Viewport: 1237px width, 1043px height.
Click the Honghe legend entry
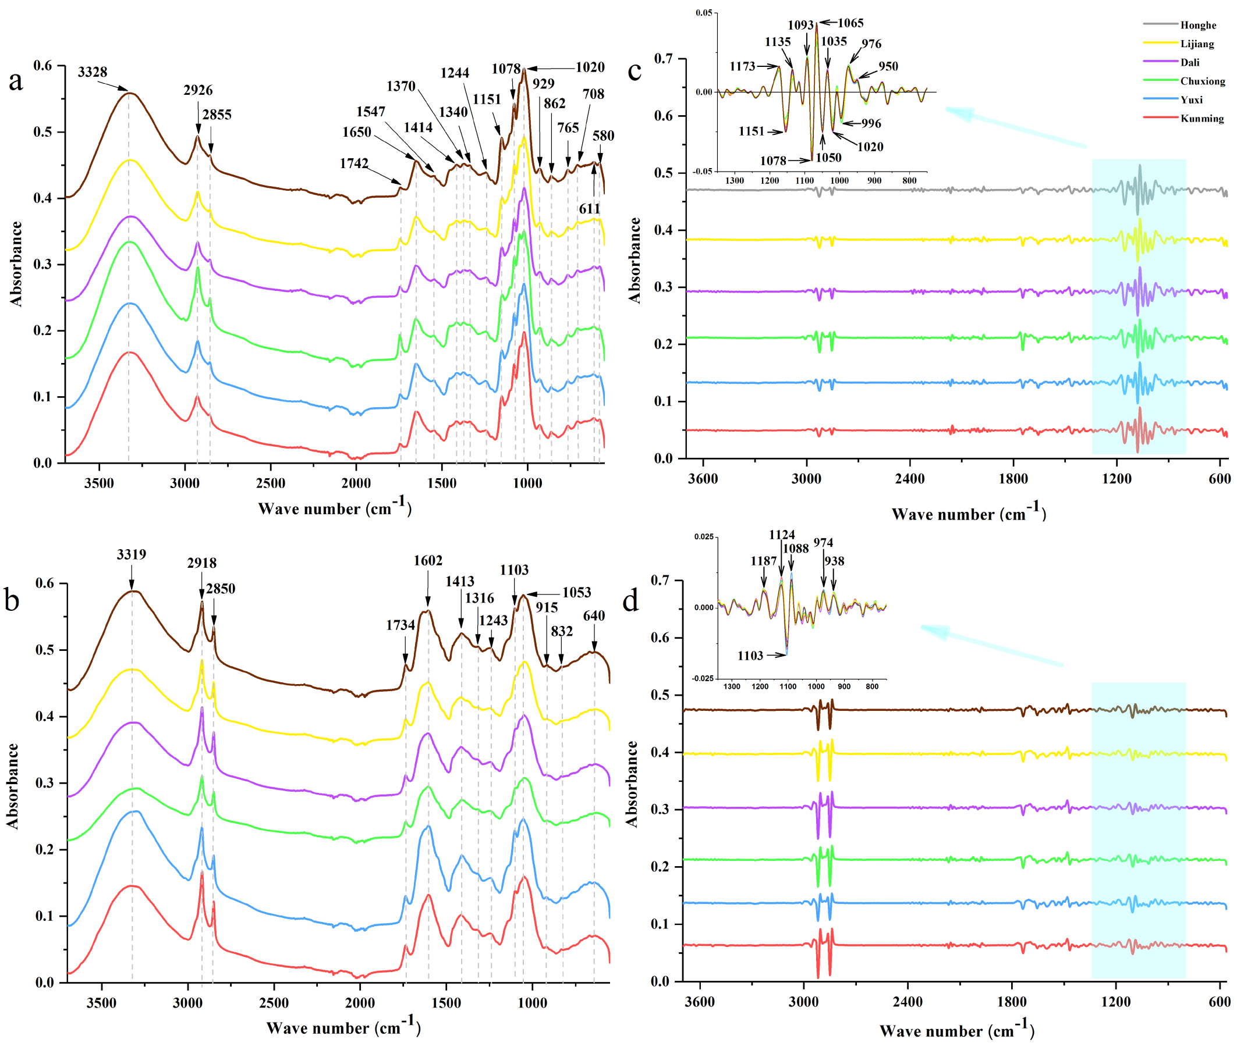point(1197,25)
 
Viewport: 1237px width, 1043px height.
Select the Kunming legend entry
point(1201,118)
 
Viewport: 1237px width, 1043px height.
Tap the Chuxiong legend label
point(1202,81)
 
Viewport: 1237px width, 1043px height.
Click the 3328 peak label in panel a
point(93,72)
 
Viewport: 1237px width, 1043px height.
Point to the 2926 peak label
point(197,90)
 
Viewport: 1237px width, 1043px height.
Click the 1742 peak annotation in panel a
point(354,163)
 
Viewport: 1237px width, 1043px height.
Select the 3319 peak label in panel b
point(132,554)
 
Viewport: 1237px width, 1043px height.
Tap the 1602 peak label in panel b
point(428,560)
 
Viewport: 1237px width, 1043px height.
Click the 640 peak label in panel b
point(593,615)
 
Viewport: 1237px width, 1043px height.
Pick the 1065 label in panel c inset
point(850,23)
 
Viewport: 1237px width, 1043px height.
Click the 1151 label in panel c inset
point(752,131)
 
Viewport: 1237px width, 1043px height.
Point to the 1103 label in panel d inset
point(750,655)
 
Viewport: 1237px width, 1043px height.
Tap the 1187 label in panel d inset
point(763,561)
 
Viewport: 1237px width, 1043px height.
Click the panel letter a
point(16,80)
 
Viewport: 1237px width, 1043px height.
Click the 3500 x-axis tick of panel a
point(99,483)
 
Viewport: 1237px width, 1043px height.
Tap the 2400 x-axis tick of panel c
point(909,478)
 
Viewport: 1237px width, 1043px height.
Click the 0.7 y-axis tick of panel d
point(660,580)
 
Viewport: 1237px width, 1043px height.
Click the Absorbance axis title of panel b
point(13,786)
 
